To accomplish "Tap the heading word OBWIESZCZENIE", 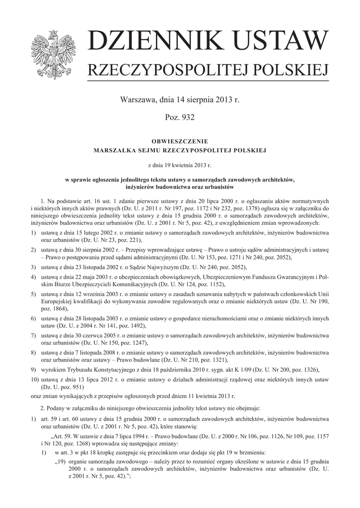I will click(x=180, y=141).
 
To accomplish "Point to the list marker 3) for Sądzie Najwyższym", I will click(x=33, y=267).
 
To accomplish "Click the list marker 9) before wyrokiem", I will click(x=33, y=370).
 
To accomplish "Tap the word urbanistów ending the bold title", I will click(x=218, y=187).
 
